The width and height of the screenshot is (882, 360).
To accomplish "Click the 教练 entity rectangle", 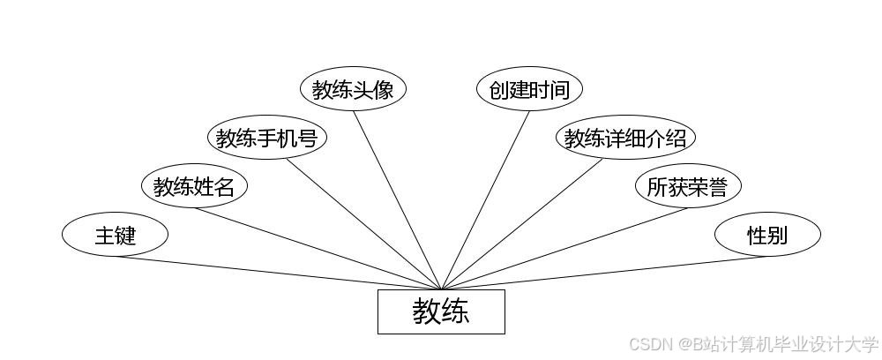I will coord(441,311).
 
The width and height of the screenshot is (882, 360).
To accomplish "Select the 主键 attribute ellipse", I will coord(115,235).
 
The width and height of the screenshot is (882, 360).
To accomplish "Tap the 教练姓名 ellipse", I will coord(194,186).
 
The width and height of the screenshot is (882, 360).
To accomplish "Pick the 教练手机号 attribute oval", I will coord(266,138).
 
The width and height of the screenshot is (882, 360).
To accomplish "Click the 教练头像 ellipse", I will coord(353,89).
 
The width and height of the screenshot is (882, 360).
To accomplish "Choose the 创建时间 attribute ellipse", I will coord(529,89).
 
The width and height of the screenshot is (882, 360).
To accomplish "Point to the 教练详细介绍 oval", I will coord(625,138).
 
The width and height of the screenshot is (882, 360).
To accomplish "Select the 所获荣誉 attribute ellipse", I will coord(688,186).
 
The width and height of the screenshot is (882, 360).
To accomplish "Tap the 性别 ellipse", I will coord(767,235).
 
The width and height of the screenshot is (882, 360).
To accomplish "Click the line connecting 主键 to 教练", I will coord(278,273).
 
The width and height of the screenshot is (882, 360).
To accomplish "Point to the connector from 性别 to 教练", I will coord(604,273).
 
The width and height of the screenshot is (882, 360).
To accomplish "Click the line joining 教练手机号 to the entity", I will coord(363,224).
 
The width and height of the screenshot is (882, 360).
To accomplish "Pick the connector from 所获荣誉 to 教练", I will coord(564,249).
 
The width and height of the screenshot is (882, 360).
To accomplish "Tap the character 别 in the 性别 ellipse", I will coord(778,236).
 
